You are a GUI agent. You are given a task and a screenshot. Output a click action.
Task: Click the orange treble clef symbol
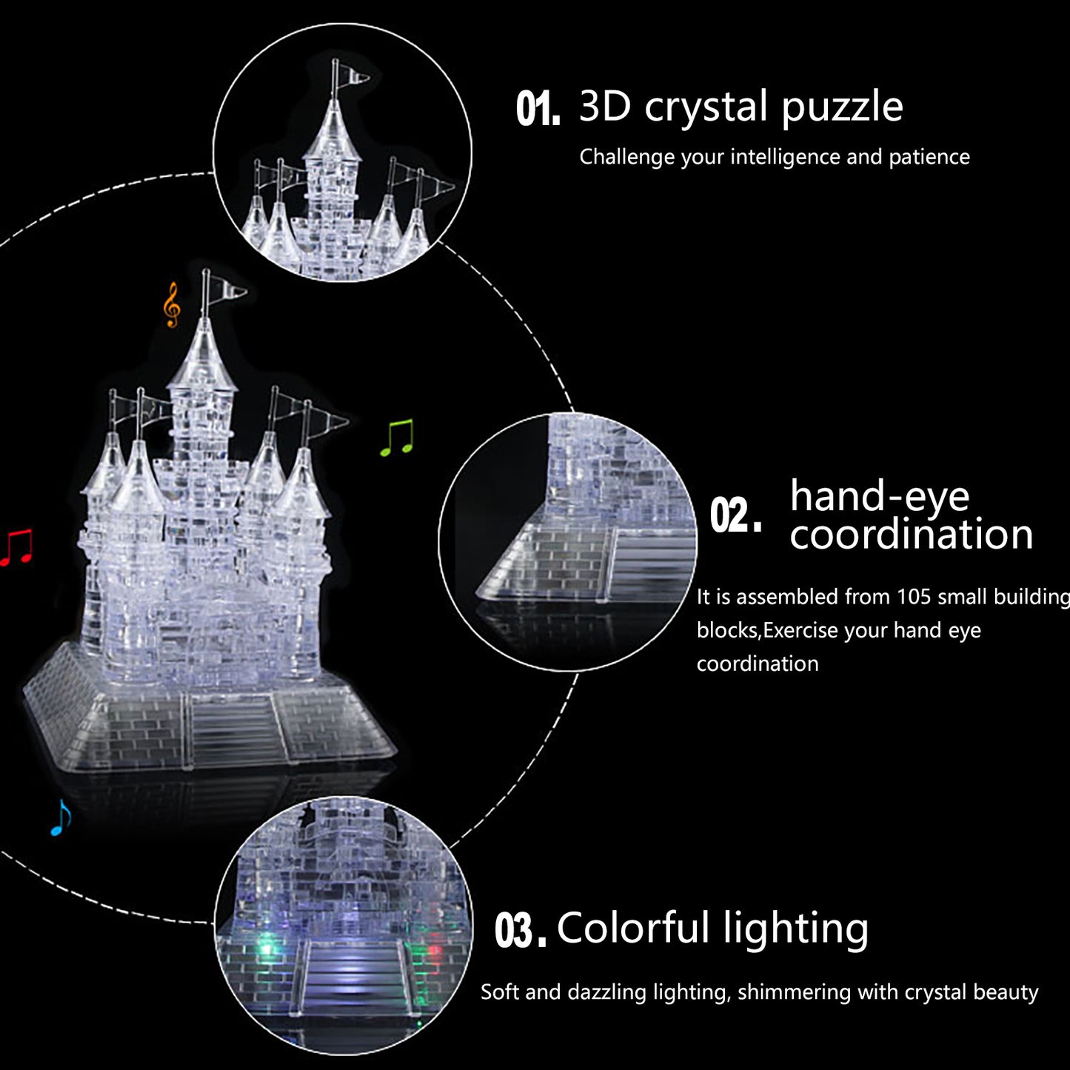coord(173,305)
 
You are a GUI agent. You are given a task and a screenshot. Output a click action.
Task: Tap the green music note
coord(397,438)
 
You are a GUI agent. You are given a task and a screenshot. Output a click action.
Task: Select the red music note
coord(16,548)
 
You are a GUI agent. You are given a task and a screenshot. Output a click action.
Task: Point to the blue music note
coord(61,817)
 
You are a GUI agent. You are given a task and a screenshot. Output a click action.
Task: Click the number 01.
coord(538,110)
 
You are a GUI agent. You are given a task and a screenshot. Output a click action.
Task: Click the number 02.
coord(735,515)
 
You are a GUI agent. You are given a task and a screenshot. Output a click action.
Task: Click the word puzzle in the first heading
coord(843,107)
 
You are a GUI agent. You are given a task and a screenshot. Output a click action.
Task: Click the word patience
coord(929,158)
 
